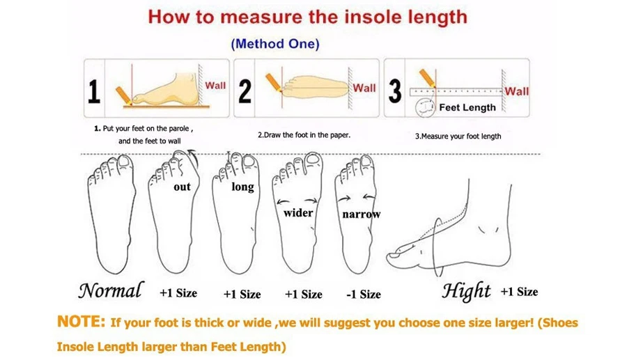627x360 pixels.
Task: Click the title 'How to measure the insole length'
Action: pos(307,17)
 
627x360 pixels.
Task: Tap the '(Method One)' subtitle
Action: pos(274,44)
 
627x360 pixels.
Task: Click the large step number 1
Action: pos(94,92)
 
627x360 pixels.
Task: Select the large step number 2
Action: pos(245,91)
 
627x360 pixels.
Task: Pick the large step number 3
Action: pos(395,91)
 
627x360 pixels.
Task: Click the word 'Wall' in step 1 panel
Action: pos(215,86)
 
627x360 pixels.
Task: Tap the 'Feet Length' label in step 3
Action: pos(467,108)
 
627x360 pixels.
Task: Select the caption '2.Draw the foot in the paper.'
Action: pos(304,135)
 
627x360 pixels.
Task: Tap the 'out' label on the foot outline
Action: pos(182,187)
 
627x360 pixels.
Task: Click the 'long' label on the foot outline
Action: pos(242,187)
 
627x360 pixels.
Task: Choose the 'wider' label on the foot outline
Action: pos(298,212)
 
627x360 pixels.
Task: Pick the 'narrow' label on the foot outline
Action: pos(361,214)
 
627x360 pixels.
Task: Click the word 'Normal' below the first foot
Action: pos(110,291)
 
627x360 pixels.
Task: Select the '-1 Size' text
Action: pos(364,295)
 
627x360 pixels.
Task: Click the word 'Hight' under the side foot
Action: pos(466,292)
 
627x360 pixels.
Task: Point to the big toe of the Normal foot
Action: pos(124,164)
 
